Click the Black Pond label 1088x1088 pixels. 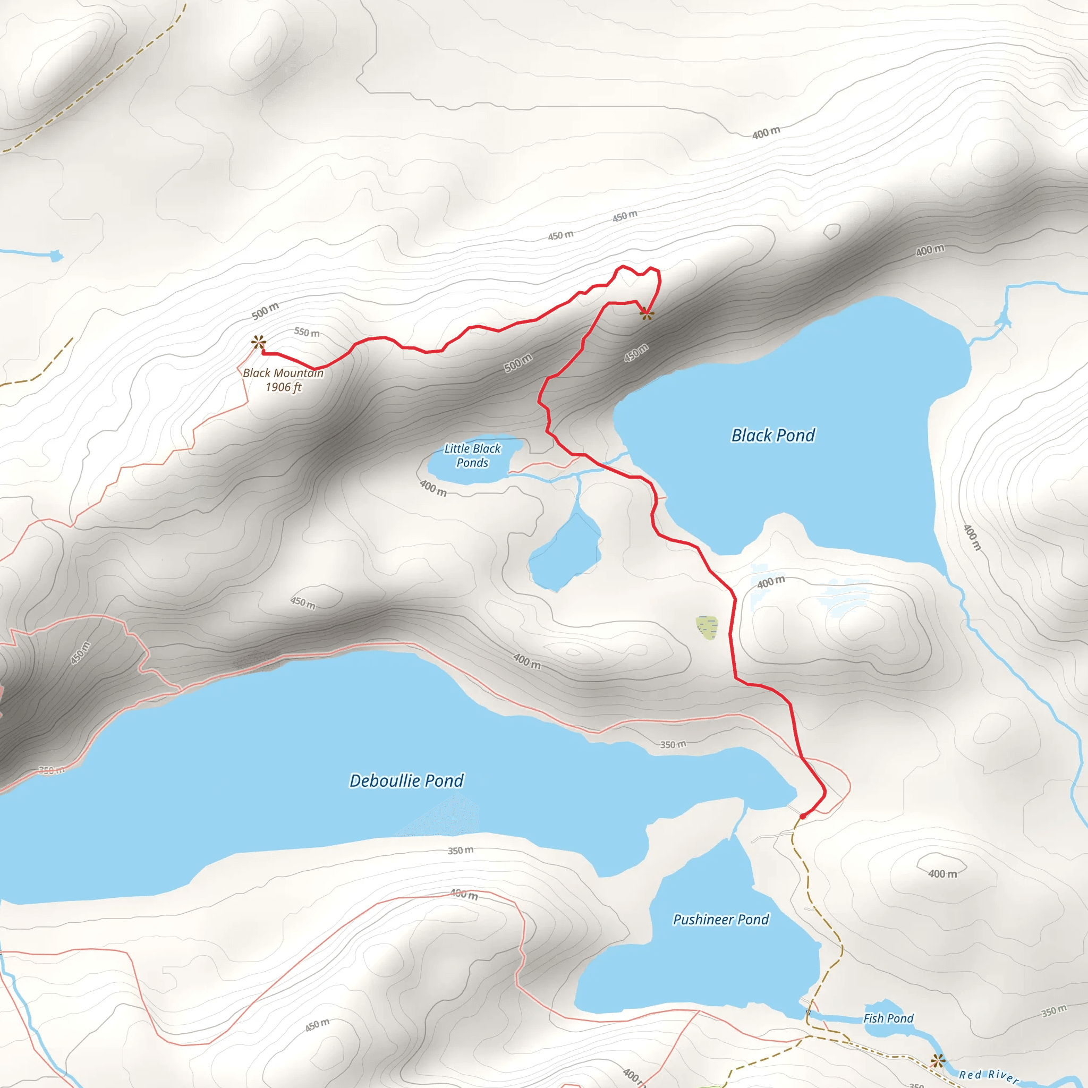pos(772,435)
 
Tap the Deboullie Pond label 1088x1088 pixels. pos(406,780)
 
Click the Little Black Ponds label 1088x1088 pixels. pos(472,456)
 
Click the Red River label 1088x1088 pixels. pos(988,1076)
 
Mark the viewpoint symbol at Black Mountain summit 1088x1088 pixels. pos(259,342)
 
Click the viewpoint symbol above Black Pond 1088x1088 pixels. pos(647,313)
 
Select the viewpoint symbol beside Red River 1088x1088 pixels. pos(937,1061)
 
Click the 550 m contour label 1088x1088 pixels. pos(307,332)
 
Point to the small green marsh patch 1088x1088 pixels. pos(707,627)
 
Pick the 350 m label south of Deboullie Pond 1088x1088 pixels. pos(460,851)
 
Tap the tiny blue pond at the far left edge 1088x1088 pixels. pos(55,256)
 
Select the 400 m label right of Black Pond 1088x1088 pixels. pos(972,537)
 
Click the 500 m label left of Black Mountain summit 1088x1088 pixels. pos(265,311)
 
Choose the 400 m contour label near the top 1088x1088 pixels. pos(767,133)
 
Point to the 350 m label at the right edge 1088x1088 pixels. pos(1053,1011)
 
